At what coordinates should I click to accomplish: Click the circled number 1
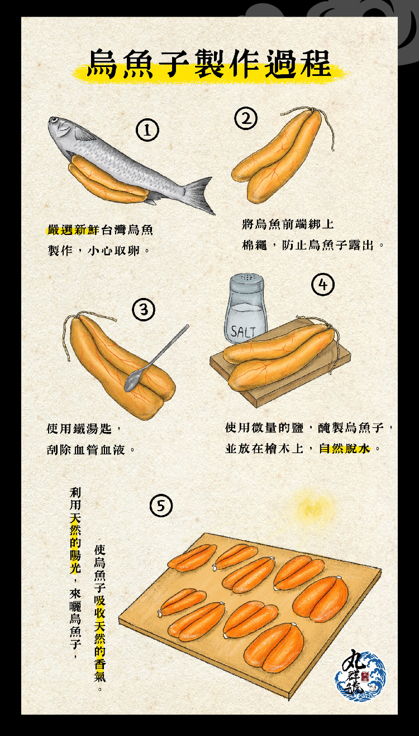(147, 130)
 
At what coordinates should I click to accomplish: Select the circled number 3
(144, 309)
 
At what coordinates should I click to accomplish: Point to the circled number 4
(323, 284)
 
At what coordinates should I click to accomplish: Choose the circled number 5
(161, 506)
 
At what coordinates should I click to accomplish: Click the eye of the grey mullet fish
(54, 121)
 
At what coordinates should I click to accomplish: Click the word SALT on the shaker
(243, 332)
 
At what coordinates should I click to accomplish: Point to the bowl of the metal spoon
(132, 381)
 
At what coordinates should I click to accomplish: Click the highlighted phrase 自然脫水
(344, 449)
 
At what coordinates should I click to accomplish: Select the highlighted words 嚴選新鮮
(73, 230)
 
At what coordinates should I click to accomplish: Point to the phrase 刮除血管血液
(86, 450)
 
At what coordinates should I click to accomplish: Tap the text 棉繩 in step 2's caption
(254, 245)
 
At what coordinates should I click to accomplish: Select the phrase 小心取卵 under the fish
(113, 251)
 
